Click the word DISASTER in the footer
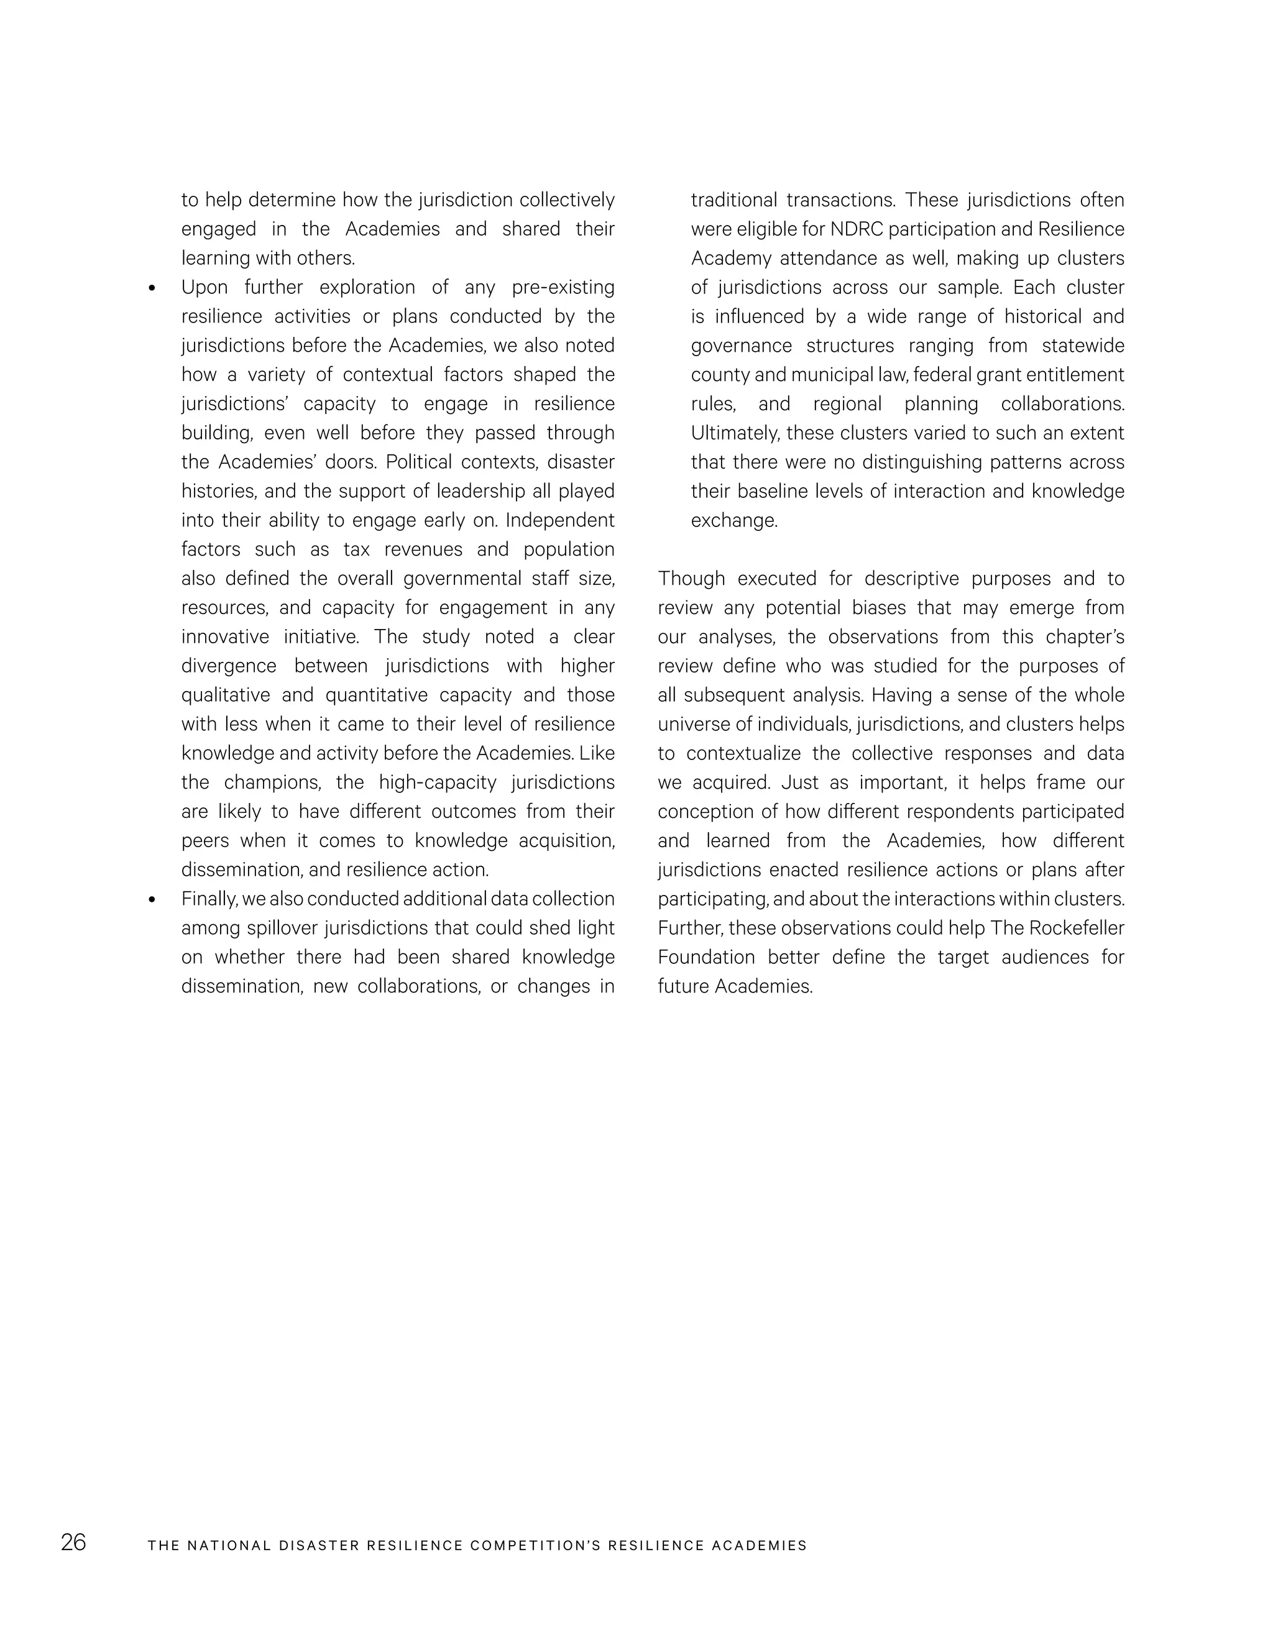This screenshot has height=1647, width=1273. coord(319,1545)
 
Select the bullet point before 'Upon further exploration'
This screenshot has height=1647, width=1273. coord(152,288)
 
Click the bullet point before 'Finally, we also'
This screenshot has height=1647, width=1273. coord(152,900)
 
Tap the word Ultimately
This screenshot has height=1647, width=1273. coord(735,434)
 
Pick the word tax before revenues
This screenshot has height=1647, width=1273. coord(356,550)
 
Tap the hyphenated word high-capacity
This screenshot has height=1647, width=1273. coord(438,782)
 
